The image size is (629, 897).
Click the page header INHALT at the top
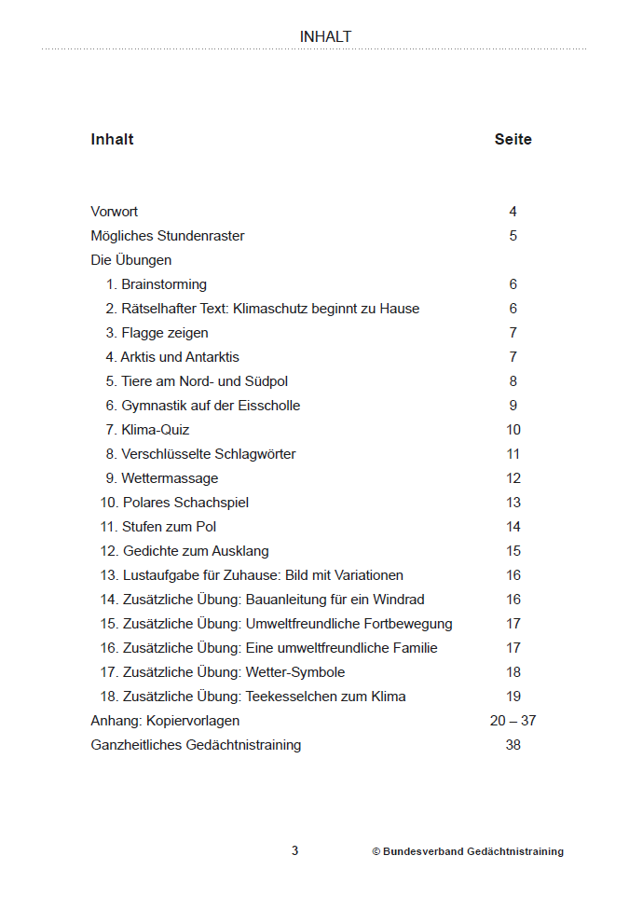coord(325,37)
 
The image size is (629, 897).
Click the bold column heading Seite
coord(513,140)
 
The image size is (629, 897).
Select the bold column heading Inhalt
coord(112,140)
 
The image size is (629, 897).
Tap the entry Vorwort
coord(114,212)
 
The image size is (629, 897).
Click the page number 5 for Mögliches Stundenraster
coord(513,236)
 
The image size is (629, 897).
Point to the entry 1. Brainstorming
coord(156,284)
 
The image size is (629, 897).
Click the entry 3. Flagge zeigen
coord(157,333)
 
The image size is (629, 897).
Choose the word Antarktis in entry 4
coord(212,357)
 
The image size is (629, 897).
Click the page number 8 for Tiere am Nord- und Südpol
coord(513,381)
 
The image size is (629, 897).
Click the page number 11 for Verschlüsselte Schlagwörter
coord(513,454)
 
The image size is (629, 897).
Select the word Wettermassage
coord(170,478)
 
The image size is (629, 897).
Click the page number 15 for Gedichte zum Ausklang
coord(513,551)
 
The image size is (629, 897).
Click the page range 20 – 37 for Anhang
coord(513,721)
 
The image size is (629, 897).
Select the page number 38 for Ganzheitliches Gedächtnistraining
coord(513,745)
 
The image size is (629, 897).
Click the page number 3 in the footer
coord(294,850)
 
